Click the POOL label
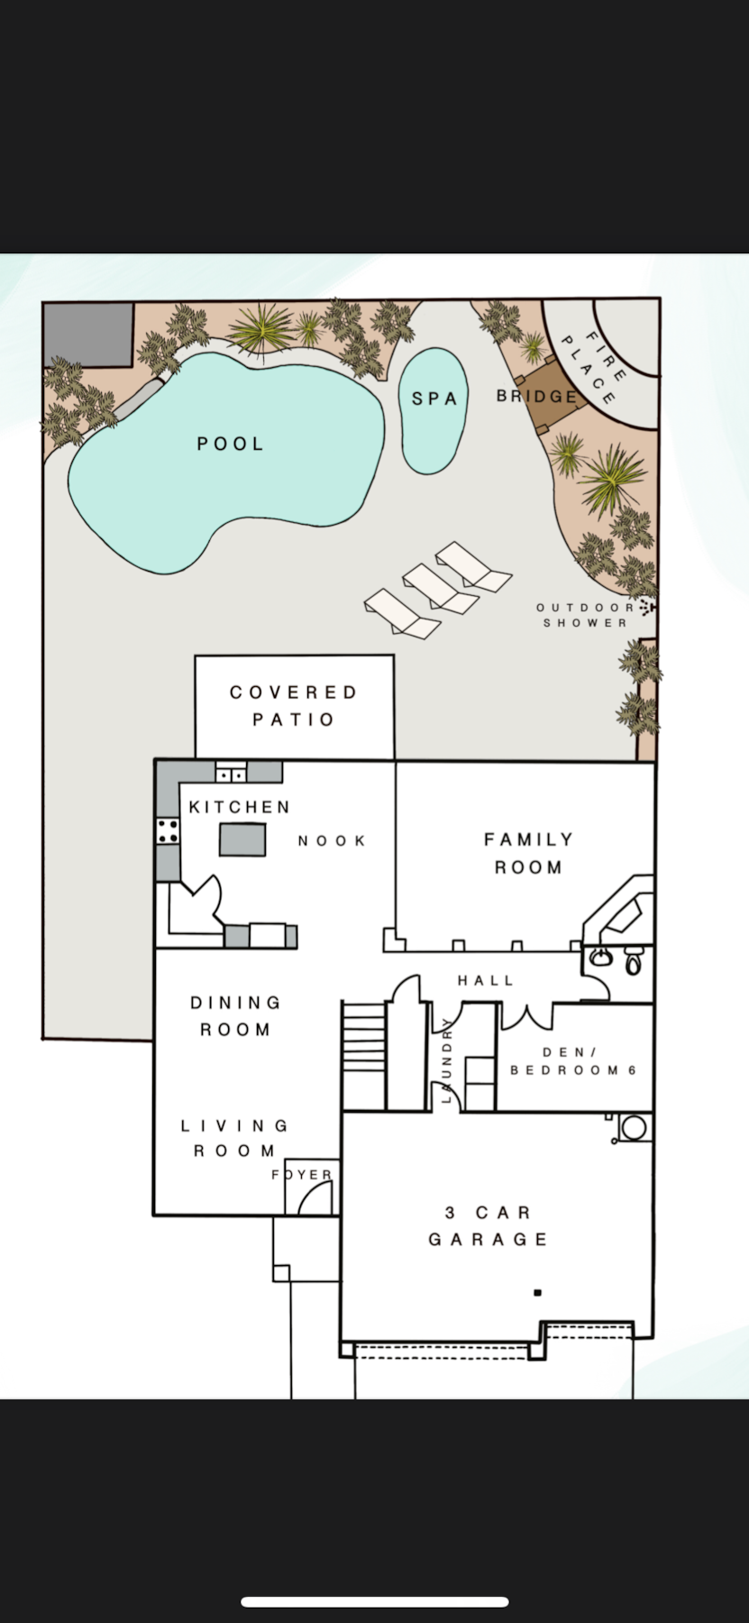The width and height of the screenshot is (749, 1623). pyautogui.click(x=231, y=444)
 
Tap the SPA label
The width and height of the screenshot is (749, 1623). pyautogui.click(x=434, y=399)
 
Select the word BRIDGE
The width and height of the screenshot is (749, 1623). pyautogui.click(x=537, y=396)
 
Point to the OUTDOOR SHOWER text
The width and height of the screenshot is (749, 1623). pyautogui.click(x=586, y=615)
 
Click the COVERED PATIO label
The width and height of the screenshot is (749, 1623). pyautogui.click(x=294, y=706)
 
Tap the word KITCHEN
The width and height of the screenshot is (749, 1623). pyautogui.click(x=240, y=807)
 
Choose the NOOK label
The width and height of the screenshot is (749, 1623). pyautogui.click(x=332, y=841)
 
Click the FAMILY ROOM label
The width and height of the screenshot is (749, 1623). pyautogui.click(x=528, y=853)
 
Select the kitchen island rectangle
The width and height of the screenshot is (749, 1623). pyautogui.click(x=242, y=839)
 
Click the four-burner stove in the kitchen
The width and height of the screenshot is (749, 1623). pyautogui.click(x=167, y=830)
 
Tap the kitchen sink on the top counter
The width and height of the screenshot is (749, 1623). pyautogui.click(x=231, y=774)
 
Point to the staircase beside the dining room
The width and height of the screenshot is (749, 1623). pyautogui.click(x=364, y=1055)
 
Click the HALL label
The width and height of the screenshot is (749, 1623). pyautogui.click(x=486, y=980)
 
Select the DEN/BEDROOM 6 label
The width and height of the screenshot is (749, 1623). pyautogui.click(x=573, y=1061)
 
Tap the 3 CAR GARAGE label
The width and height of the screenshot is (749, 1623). pyautogui.click(x=489, y=1226)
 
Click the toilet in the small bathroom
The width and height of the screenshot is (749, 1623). pyautogui.click(x=633, y=961)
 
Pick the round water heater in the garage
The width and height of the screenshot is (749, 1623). pyautogui.click(x=635, y=1128)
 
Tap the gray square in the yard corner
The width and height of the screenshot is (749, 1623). pyautogui.click(x=88, y=335)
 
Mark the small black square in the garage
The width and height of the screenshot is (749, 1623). pyautogui.click(x=537, y=1293)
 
